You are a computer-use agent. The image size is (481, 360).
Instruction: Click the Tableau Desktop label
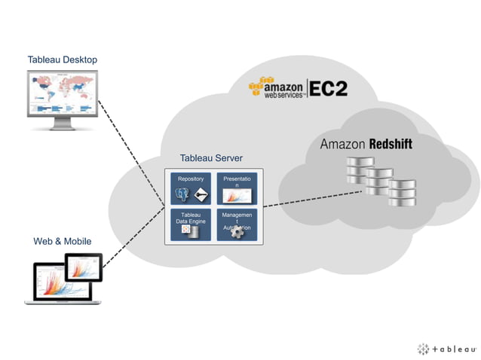(x=62, y=59)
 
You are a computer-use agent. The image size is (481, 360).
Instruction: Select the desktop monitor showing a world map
(x=62, y=96)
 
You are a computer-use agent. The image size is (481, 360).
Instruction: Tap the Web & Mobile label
(x=62, y=242)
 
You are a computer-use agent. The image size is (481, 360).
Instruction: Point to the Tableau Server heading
(x=211, y=158)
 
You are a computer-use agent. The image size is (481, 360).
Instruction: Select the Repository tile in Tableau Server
(x=190, y=188)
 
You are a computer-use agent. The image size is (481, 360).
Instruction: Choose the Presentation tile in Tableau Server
(x=237, y=188)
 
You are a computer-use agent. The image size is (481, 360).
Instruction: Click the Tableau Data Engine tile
(x=190, y=224)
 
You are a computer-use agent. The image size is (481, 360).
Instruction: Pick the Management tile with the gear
(x=237, y=224)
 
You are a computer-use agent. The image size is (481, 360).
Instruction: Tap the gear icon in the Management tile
(x=237, y=233)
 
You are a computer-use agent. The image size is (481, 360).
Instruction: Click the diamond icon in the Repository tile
(x=201, y=196)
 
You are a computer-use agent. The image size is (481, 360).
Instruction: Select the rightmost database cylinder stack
(x=401, y=193)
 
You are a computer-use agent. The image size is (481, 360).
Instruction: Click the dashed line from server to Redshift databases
(x=309, y=200)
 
